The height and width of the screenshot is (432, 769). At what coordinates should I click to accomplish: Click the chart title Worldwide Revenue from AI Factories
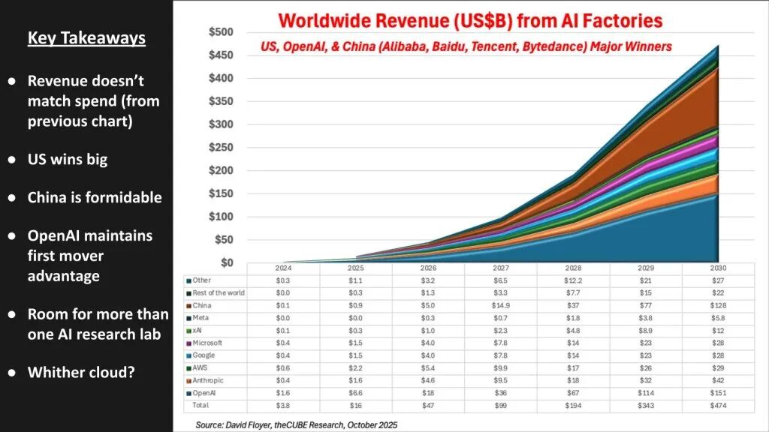[470, 20]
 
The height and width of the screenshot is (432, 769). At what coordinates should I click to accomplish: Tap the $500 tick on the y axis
[221, 32]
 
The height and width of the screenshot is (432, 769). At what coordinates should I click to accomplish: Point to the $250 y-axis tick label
[221, 148]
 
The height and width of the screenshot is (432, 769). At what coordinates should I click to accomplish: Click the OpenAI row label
[204, 393]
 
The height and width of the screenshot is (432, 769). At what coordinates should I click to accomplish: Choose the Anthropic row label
[208, 380]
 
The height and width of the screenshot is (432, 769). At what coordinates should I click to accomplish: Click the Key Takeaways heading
[86, 38]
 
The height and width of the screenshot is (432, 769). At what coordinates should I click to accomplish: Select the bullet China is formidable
[95, 197]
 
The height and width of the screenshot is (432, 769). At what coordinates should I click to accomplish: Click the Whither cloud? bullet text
[81, 371]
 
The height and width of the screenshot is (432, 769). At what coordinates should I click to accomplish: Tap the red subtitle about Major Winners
[466, 46]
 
